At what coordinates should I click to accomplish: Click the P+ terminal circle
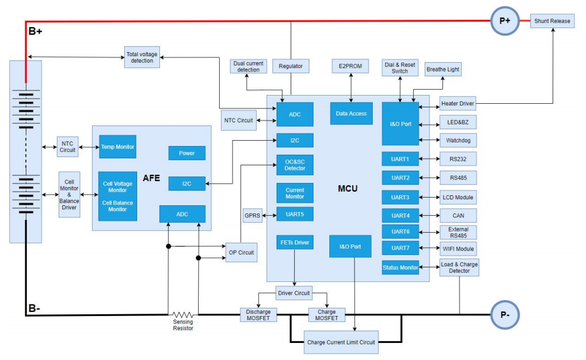pyautogui.click(x=505, y=21)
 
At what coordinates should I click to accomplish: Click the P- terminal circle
pyautogui.click(x=505, y=315)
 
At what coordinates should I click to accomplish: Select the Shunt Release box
pyautogui.click(x=552, y=21)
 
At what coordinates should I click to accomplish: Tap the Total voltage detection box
pyautogui.click(x=142, y=57)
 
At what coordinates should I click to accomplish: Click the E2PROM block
pyautogui.click(x=350, y=66)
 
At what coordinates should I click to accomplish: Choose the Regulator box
pyautogui.click(x=291, y=66)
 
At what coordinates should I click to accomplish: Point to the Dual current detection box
pyautogui.click(x=248, y=66)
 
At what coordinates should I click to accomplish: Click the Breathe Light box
pyautogui.click(x=443, y=69)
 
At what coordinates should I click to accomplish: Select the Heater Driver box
pyautogui.click(x=458, y=104)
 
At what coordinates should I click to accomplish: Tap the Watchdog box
pyautogui.click(x=458, y=141)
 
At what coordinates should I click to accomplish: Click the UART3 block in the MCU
pyautogui.click(x=400, y=197)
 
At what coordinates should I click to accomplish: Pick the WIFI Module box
pyautogui.click(x=458, y=248)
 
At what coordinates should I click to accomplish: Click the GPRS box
pyautogui.click(x=252, y=215)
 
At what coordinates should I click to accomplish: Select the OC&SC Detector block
pyautogui.click(x=295, y=165)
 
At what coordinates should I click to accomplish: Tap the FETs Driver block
pyautogui.click(x=295, y=242)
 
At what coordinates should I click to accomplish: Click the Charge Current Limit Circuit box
pyautogui.click(x=342, y=342)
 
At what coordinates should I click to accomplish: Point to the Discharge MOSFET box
pyautogui.click(x=258, y=315)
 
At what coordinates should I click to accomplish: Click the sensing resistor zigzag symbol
pyautogui.click(x=183, y=314)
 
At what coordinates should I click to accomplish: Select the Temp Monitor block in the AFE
pyautogui.click(x=117, y=147)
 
